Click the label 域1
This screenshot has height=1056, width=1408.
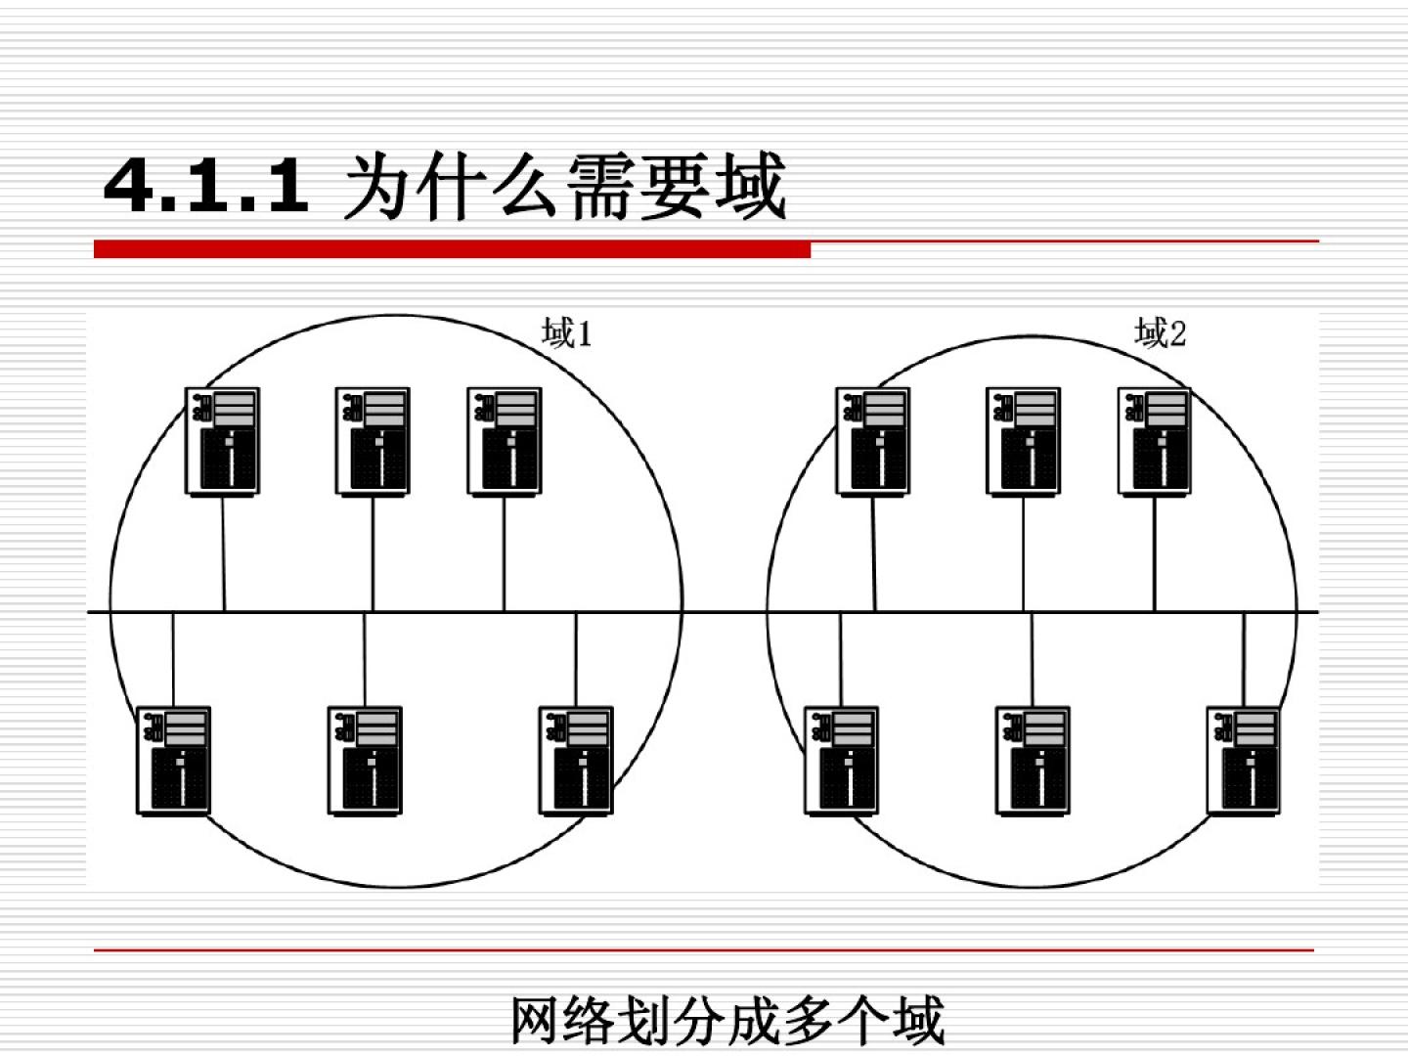[x=567, y=334]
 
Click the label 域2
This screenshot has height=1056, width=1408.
[x=1161, y=333]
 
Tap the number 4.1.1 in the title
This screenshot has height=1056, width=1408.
[x=206, y=185]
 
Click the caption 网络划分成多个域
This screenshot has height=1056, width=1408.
[x=727, y=1020]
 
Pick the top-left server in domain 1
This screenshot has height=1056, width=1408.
[x=223, y=441]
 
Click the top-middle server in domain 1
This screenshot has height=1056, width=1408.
[x=373, y=441]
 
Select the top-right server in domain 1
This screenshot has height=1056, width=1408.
[x=505, y=441]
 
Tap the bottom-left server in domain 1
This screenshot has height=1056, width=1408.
[x=174, y=760]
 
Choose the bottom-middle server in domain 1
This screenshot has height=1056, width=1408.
[x=365, y=760]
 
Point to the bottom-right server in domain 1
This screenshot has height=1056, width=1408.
[x=576, y=760]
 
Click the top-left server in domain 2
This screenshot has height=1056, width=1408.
[x=873, y=441]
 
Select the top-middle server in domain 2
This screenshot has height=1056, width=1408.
[x=1024, y=441]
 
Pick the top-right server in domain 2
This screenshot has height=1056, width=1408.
[x=1155, y=441]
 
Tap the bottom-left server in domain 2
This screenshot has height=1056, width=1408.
[x=842, y=760]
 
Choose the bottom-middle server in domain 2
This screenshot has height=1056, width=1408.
[x=1033, y=760]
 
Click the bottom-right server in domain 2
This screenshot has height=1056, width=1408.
[x=1244, y=760]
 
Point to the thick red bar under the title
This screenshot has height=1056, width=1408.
[x=452, y=250]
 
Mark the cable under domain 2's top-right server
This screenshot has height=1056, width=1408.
[x=1155, y=552]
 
